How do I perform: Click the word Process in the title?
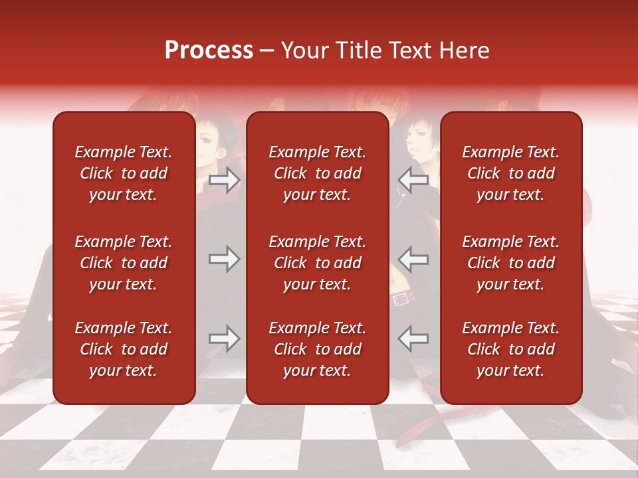pyautogui.click(x=209, y=50)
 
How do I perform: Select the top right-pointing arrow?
pyautogui.click(x=224, y=180)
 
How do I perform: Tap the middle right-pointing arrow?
pyautogui.click(x=224, y=259)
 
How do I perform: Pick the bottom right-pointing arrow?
pyautogui.click(x=224, y=339)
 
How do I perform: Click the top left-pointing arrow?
pyautogui.click(x=413, y=180)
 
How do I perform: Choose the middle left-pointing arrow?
pyautogui.click(x=413, y=259)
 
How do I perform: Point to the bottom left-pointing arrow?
pyautogui.click(x=413, y=339)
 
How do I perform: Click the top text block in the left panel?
pyautogui.click(x=124, y=173)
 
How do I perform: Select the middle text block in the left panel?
pyautogui.click(x=124, y=263)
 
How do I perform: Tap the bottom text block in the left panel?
pyautogui.click(x=124, y=349)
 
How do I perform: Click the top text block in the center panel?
pyautogui.click(x=317, y=173)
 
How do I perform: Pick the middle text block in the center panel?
pyautogui.click(x=317, y=263)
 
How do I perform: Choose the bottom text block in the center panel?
pyautogui.click(x=317, y=349)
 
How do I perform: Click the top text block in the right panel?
pyautogui.click(x=510, y=173)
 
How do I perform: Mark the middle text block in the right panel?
pyautogui.click(x=510, y=263)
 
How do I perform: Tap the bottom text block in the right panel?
pyautogui.click(x=510, y=349)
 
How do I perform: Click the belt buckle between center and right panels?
pyautogui.click(x=401, y=299)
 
